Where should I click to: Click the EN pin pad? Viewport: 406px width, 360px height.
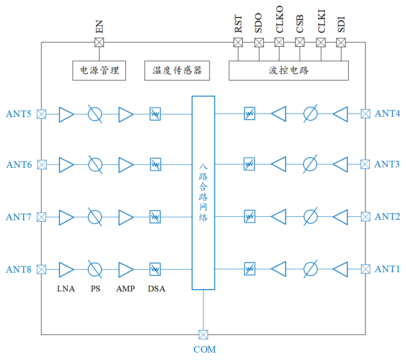tap(100, 42)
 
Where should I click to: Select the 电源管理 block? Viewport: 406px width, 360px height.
tap(99, 70)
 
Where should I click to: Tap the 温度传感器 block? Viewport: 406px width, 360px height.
tap(177, 70)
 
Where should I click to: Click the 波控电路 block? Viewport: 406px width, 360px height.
tap(289, 70)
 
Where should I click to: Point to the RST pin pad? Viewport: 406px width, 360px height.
tap(238, 42)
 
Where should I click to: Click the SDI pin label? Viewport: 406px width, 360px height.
tap(341, 24)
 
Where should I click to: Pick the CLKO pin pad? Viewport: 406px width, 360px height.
tap(279, 42)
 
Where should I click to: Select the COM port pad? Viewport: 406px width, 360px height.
tap(203, 335)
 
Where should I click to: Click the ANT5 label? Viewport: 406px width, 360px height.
tap(18, 114)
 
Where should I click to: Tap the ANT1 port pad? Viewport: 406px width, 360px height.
tap(365, 269)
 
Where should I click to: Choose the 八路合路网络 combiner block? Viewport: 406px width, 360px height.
tap(203, 193)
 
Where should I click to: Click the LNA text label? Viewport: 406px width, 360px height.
tap(66, 289)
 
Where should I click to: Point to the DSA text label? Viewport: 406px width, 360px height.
tap(156, 289)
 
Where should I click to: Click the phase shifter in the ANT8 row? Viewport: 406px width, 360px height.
tap(95, 269)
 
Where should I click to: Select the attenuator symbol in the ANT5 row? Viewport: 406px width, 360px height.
tap(155, 114)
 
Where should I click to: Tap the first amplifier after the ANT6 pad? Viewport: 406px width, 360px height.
tap(66, 165)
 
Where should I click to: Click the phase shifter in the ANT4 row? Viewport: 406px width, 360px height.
tap(310, 114)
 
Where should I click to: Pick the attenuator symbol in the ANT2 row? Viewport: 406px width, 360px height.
tap(249, 216)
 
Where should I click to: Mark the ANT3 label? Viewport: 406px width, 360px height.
tap(387, 164)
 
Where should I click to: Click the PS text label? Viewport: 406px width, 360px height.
tap(95, 289)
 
